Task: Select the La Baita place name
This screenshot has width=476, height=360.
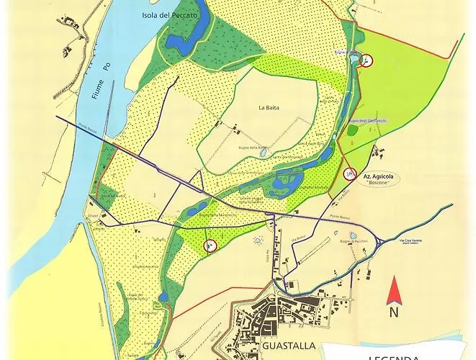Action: (268, 107)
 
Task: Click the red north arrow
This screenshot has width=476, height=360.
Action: (393, 292)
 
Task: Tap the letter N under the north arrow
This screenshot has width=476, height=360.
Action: (393, 312)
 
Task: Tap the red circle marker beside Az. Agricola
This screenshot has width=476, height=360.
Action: (351, 173)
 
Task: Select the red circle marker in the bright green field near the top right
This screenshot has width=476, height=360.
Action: (367, 60)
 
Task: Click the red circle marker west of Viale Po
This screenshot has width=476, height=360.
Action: (210, 246)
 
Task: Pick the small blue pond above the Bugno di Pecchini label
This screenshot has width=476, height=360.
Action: (353, 235)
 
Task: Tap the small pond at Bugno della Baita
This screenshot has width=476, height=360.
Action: (264, 153)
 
